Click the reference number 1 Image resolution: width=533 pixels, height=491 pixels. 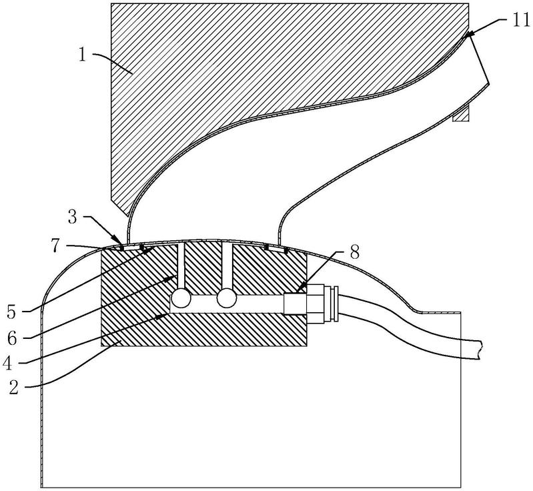point(83,55)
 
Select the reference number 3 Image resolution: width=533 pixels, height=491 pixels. point(73,217)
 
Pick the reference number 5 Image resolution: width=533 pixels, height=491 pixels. point(12,312)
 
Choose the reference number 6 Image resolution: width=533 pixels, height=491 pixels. point(12,339)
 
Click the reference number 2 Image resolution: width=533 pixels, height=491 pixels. point(13,388)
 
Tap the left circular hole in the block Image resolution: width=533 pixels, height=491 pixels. point(181,299)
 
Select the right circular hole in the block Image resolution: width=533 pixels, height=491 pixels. point(226,299)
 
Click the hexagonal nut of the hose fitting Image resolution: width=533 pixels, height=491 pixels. point(315,304)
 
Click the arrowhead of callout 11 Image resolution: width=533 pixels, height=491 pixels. point(471,33)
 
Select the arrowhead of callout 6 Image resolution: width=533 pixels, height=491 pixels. point(171,278)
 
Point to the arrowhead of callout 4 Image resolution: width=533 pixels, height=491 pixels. point(161,317)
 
